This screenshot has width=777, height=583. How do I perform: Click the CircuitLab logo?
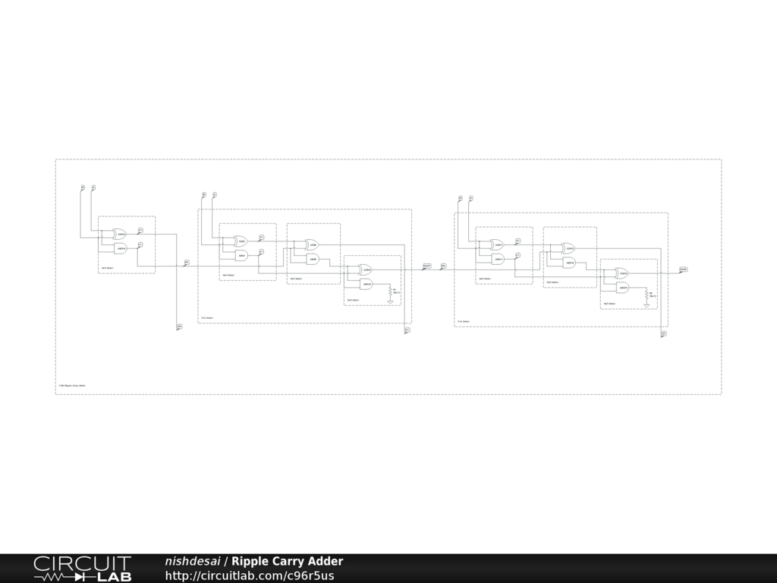click(82, 568)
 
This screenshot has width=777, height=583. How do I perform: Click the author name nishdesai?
click(193, 562)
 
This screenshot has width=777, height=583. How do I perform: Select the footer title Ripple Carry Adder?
click(288, 562)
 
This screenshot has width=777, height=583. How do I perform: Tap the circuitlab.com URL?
click(250, 575)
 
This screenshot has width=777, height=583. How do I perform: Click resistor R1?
click(391, 291)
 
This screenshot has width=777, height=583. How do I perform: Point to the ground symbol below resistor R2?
click(646, 305)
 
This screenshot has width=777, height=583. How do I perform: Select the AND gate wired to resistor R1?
click(366, 284)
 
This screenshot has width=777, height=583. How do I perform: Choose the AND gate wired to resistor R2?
click(622, 288)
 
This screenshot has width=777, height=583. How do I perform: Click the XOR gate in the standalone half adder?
click(120, 235)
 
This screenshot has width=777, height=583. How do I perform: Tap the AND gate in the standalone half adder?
click(120, 248)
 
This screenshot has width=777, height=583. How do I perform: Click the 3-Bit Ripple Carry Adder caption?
click(72, 386)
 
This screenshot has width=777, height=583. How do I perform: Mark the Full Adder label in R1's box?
click(207, 318)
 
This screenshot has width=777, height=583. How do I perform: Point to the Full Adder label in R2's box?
click(464, 321)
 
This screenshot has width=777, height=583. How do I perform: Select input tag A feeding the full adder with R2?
click(471, 198)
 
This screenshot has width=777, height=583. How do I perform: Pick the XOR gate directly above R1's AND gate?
click(366, 269)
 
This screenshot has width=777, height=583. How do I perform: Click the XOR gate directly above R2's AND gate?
click(622, 273)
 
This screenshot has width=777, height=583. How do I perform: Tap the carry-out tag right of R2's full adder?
click(683, 269)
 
